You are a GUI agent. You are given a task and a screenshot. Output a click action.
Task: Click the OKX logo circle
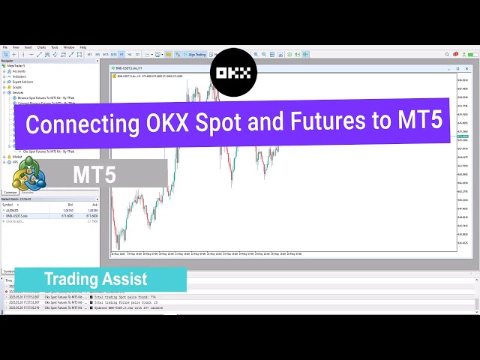[233, 72]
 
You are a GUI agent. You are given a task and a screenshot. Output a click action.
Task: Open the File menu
[6, 47]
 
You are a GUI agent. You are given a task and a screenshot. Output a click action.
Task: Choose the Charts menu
[41, 47]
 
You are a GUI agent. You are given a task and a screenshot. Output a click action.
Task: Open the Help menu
[83, 47]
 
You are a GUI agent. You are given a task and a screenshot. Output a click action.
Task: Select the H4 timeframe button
[130, 55]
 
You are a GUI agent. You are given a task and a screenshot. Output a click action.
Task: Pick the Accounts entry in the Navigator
[19, 71]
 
